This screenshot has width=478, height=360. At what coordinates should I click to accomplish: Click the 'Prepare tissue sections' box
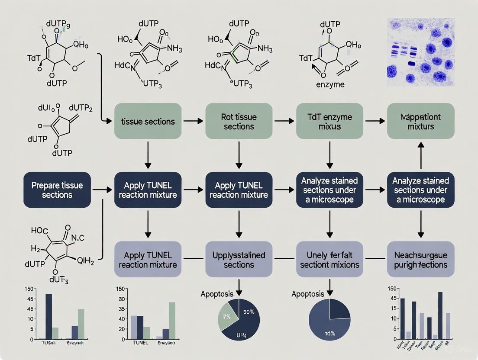[x=57, y=190]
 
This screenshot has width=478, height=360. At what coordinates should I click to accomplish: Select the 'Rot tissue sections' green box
[x=239, y=122]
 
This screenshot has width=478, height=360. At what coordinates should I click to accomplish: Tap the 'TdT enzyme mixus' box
[x=329, y=122]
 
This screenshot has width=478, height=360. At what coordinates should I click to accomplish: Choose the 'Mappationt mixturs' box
[x=420, y=122]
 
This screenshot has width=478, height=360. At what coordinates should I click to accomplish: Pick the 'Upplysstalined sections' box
[x=239, y=259]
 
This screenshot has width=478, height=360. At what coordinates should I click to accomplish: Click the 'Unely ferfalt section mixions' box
[x=329, y=259]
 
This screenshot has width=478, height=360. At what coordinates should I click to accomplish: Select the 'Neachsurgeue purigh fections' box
[x=420, y=259]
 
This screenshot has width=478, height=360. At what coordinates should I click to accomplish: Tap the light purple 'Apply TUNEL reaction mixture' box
[x=148, y=259]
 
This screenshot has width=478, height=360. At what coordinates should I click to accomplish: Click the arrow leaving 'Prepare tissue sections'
[x=102, y=190]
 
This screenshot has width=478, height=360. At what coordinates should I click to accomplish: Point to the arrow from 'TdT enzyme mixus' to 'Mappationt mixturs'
[x=375, y=122]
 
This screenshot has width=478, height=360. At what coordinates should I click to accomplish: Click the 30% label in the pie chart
[x=248, y=311]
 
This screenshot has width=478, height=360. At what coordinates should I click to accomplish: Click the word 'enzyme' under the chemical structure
[x=330, y=84]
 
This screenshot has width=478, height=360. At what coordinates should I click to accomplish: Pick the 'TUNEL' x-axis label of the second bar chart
[x=139, y=343]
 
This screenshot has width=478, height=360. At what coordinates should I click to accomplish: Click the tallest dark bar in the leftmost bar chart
[x=48, y=316]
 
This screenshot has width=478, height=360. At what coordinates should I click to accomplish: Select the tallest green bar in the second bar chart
[x=172, y=320]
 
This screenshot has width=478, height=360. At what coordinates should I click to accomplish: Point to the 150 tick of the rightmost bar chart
[x=391, y=289]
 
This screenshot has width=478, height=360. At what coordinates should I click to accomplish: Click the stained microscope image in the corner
[x=420, y=51]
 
